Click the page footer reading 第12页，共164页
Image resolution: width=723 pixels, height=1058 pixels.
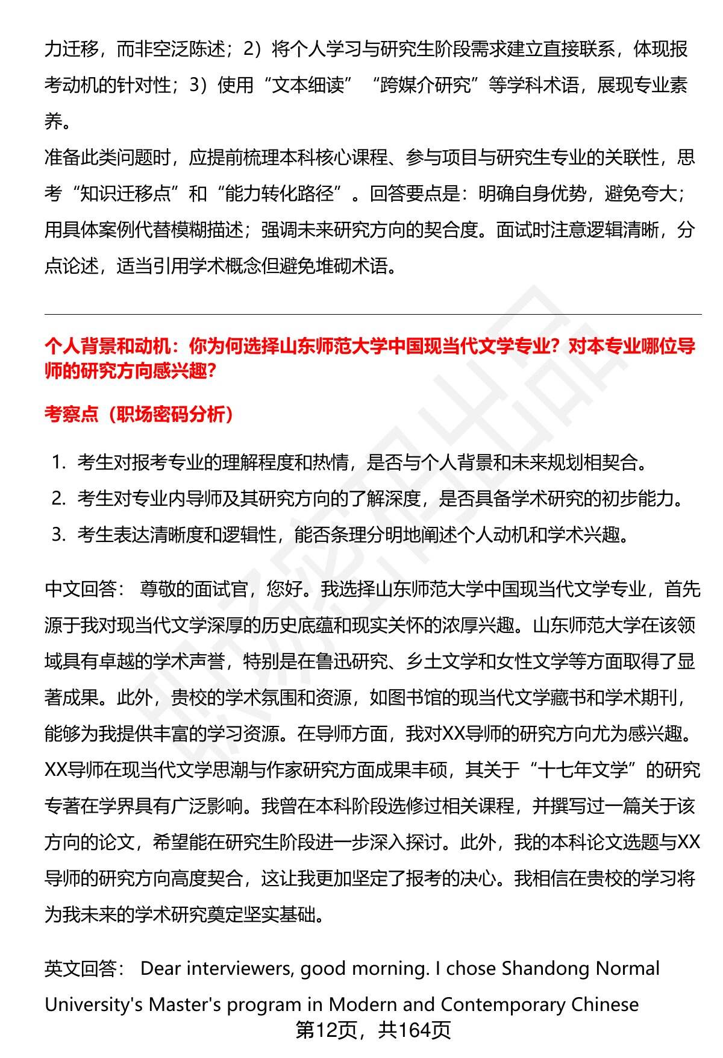pos(373,1030)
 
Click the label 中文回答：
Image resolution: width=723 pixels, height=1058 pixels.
pos(85,589)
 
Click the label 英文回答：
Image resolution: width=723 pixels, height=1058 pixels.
pos(85,969)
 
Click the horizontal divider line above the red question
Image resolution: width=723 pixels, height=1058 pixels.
pos(373,314)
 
